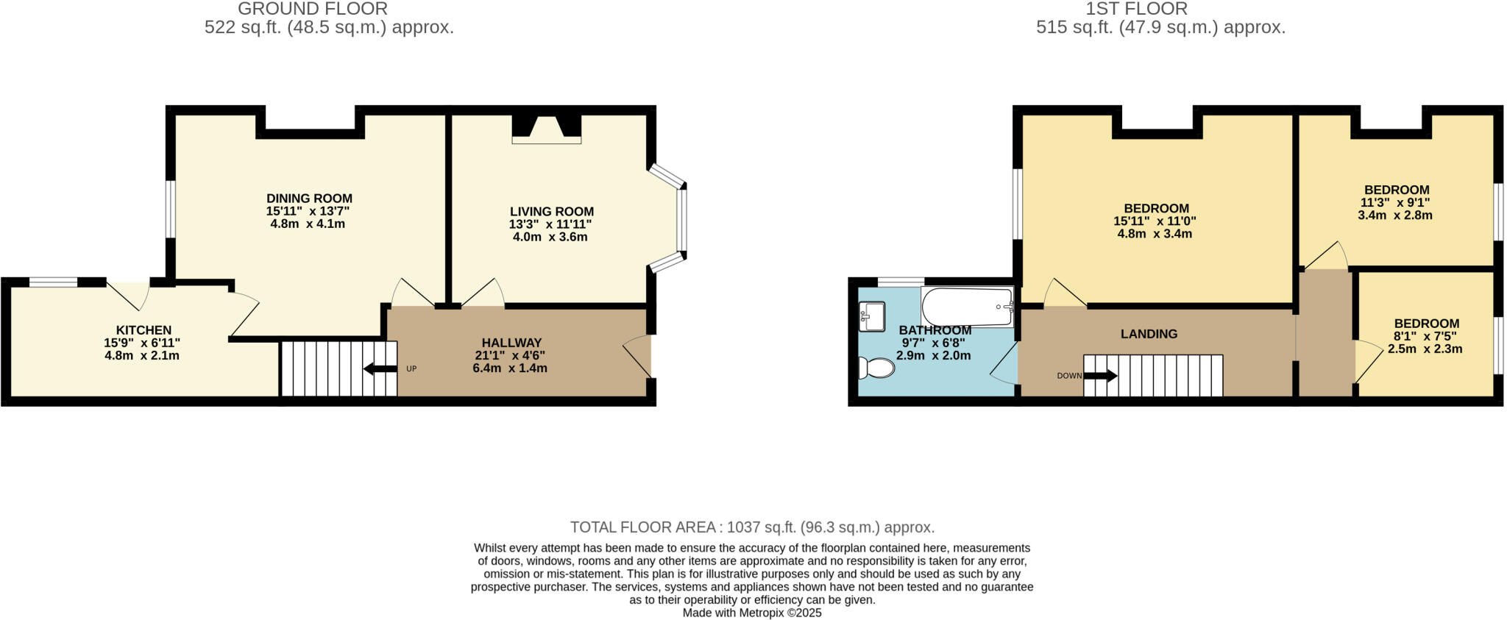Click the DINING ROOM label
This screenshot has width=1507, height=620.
pos(309,199)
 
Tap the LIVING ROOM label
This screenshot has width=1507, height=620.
pos(551,212)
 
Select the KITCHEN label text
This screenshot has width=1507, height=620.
pos(143,330)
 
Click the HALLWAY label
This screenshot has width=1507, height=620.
pos(511,343)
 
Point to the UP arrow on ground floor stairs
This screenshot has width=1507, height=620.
pos(380,368)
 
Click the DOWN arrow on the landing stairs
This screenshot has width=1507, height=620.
pos(1100,376)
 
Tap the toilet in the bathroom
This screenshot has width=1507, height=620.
pos(876,367)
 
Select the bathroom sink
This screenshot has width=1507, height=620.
pos(871,317)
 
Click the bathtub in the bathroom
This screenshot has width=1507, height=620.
pos(967,307)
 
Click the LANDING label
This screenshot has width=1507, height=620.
pos(1149,334)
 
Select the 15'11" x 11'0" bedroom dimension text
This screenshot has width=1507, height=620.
pos(1155,221)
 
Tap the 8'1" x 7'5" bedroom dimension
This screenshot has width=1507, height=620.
pos(1425,336)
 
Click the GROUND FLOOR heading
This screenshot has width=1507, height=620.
pos(313,9)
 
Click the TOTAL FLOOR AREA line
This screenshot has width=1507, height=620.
pos(752,527)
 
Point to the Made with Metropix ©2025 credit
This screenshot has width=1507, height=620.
pos(752,613)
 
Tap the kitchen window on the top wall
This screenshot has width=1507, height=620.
pos(53,282)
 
